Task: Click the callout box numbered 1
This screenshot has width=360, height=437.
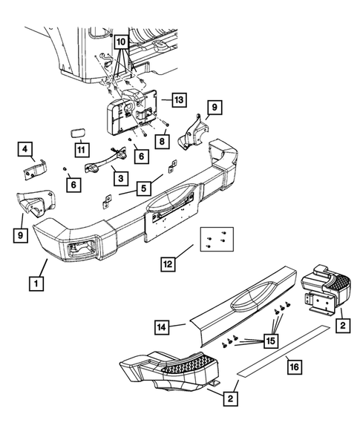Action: [36, 283]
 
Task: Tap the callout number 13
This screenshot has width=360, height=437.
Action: [179, 99]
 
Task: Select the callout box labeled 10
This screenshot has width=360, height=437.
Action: [121, 42]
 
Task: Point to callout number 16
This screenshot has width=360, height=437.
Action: [295, 367]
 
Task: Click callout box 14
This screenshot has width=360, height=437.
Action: [162, 327]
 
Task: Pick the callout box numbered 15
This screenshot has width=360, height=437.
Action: [271, 341]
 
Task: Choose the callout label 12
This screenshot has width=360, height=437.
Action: [168, 263]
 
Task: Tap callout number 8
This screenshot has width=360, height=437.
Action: [163, 141]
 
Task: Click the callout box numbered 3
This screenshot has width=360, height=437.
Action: [121, 178]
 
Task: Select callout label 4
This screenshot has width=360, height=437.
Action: [25, 149]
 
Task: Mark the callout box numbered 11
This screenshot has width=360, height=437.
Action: [82, 150]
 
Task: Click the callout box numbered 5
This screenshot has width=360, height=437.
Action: [144, 188]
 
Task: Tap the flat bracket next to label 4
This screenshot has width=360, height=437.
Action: [35, 170]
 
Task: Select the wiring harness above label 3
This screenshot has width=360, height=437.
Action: [105, 160]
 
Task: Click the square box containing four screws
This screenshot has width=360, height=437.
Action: [217, 239]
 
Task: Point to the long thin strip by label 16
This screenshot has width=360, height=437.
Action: [283, 351]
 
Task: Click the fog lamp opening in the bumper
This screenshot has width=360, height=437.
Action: [82, 247]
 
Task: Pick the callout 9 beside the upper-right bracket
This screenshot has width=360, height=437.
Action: [215, 108]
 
